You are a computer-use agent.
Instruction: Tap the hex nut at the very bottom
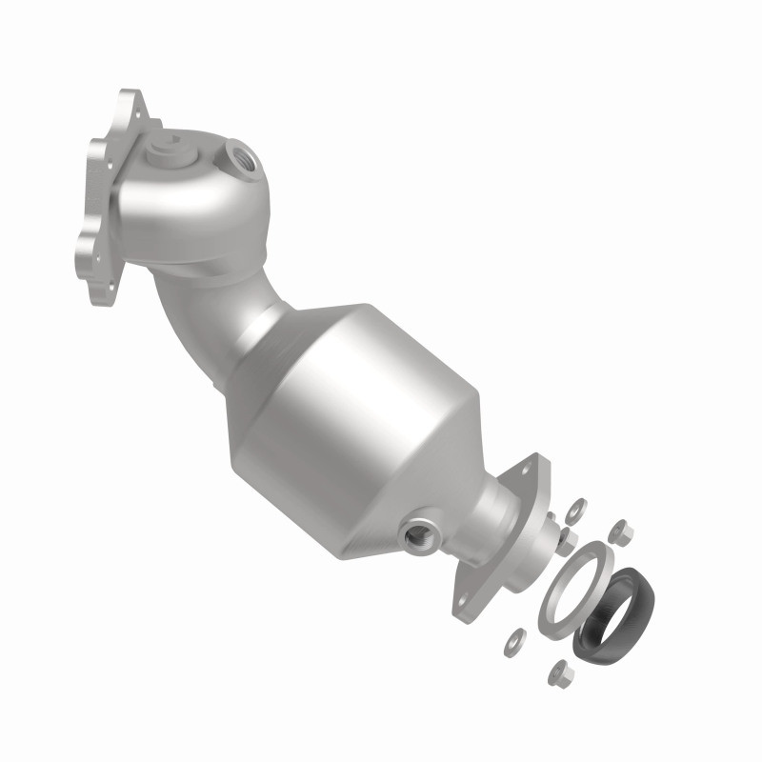[x=559, y=673]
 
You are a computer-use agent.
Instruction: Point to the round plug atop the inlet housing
[x=170, y=144]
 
